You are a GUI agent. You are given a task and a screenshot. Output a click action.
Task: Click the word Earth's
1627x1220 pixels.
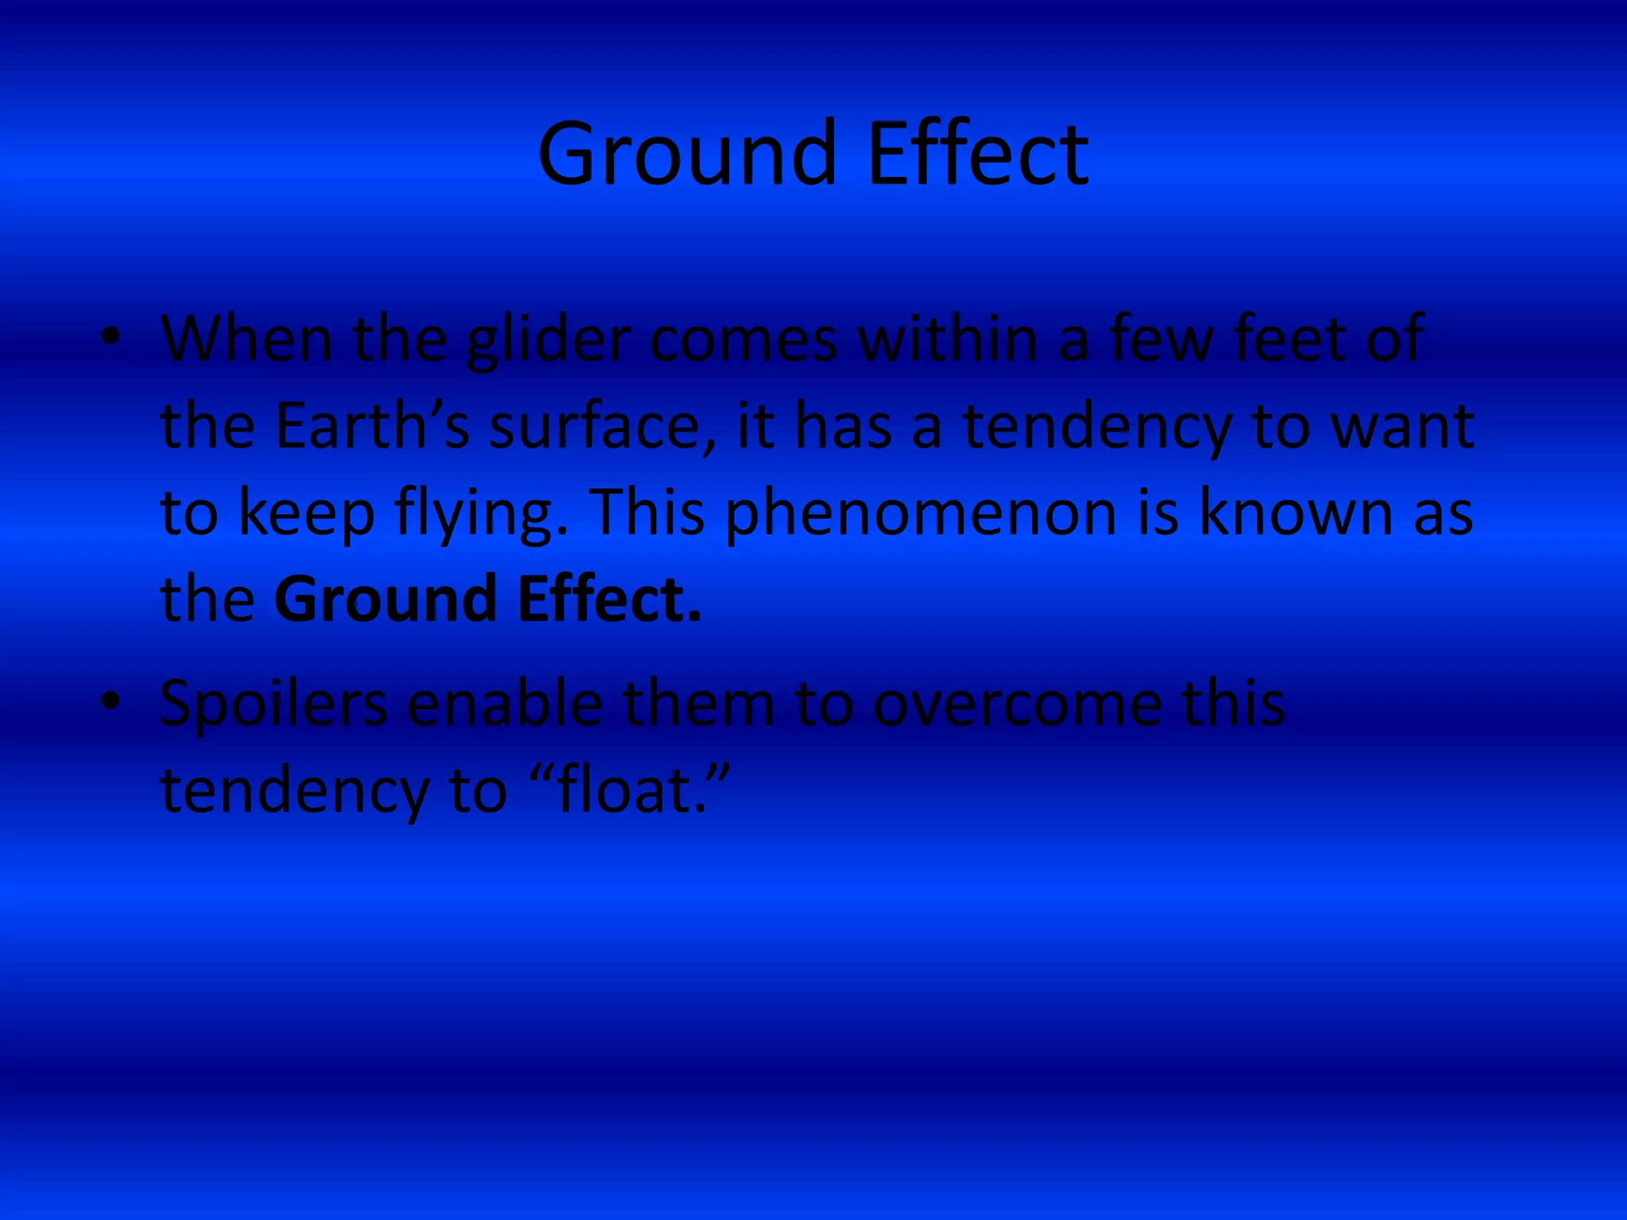[373, 427]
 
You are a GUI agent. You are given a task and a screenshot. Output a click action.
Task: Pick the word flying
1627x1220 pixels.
[481, 513]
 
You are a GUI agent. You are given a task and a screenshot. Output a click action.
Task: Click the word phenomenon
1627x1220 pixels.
[922, 513]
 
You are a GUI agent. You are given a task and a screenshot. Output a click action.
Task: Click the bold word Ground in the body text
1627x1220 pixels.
[385, 600]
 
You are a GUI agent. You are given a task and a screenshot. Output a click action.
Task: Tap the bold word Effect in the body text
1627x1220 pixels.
[609, 600]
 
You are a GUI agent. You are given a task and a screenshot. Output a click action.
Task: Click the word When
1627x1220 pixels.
[247, 340]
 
